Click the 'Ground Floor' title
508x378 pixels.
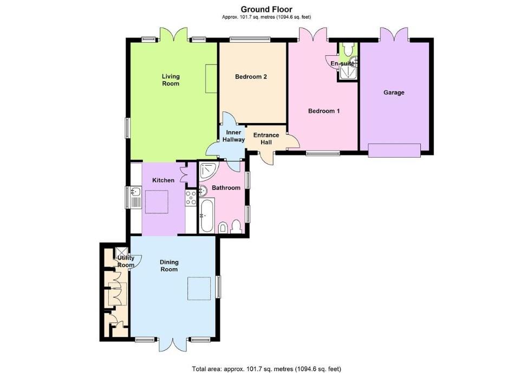[x=266, y=9]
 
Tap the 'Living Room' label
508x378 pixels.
[x=171, y=80]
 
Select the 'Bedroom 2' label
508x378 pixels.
[x=251, y=76]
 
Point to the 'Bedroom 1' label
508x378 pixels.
[x=324, y=111]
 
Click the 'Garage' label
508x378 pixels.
[x=394, y=93]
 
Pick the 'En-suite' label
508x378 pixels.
[x=343, y=63]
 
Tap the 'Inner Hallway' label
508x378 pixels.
[x=233, y=136]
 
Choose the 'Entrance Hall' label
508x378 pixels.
[x=266, y=139]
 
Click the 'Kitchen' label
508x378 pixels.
[x=163, y=180]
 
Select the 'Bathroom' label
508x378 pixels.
[x=226, y=188]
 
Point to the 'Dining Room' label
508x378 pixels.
[x=169, y=265]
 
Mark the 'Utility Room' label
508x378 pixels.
[x=125, y=262]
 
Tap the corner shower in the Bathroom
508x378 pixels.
[x=207, y=171]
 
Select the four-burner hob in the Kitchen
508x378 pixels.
[x=191, y=198]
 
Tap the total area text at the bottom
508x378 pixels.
[x=266, y=369]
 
